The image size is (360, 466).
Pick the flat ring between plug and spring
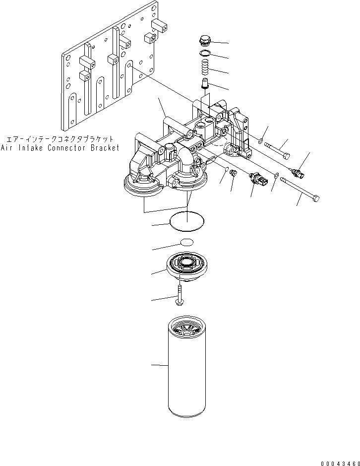point(204,53)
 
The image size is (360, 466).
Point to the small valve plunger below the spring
point(204,82)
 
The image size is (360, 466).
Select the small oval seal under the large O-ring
point(186,242)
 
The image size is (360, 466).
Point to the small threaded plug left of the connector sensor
point(236,174)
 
